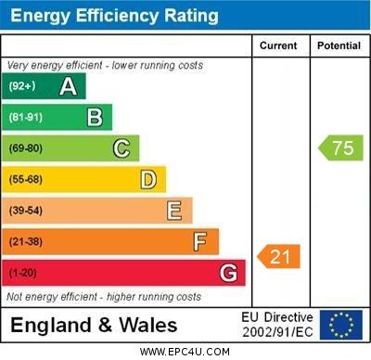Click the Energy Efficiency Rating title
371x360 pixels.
(114, 16)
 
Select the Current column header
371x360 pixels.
(278, 45)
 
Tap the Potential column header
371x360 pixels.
(339, 45)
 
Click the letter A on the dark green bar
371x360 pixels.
(68, 86)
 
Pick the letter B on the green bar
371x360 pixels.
(95, 117)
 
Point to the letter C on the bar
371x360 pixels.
(121, 148)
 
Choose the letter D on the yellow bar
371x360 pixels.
(147, 179)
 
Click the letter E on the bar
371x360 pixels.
(173, 211)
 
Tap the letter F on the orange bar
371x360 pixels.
(199, 242)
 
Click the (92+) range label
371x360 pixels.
(22, 86)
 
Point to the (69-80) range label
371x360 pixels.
(26, 148)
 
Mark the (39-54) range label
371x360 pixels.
(26, 211)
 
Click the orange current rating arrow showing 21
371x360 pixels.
(279, 256)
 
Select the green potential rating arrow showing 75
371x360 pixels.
(341, 148)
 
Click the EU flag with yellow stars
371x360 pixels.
(340, 325)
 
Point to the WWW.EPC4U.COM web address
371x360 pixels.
(185, 352)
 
